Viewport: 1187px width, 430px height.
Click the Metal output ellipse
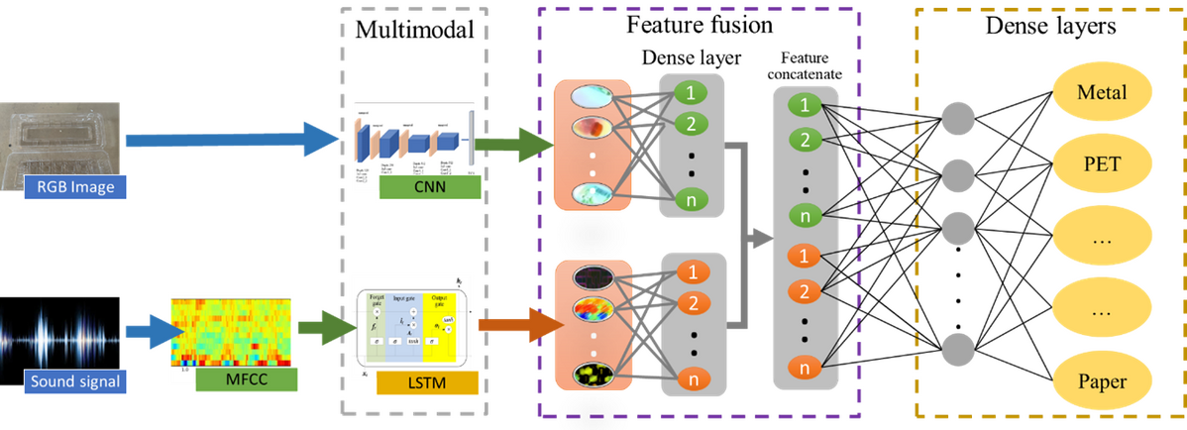pos(1101,93)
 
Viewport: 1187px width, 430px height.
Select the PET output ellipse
pos(1101,163)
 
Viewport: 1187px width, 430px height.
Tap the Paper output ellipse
pos(1101,380)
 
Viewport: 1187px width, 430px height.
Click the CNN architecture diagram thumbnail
pos(410,140)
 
